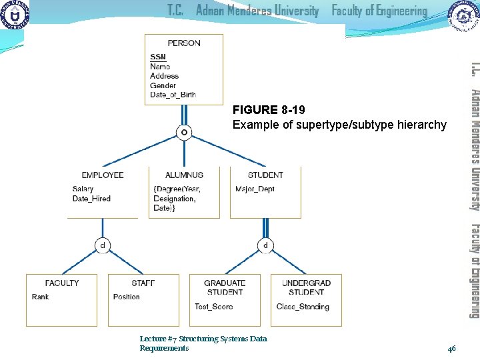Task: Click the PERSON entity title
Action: pos(184,43)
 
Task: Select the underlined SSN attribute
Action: pos(158,57)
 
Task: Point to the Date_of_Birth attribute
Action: pos(173,95)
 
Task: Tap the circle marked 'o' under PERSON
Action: pos(183,133)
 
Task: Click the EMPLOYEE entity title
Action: pos(103,175)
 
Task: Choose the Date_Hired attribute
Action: pos(91,199)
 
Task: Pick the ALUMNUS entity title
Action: pos(184,175)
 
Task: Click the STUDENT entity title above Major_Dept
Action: pos(265,175)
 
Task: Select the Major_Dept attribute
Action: pos(255,189)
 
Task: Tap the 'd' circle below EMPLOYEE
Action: pos(102,227)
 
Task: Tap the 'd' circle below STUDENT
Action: pos(265,227)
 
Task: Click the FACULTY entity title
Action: pos(62,283)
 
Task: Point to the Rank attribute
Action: pos(40,297)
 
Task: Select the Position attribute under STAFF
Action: pos(127,297)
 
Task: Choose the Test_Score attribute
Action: pos(214,307)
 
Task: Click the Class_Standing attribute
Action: pos(303,307)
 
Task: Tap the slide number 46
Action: pos(451,348)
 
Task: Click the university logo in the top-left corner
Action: pos(15,14)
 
